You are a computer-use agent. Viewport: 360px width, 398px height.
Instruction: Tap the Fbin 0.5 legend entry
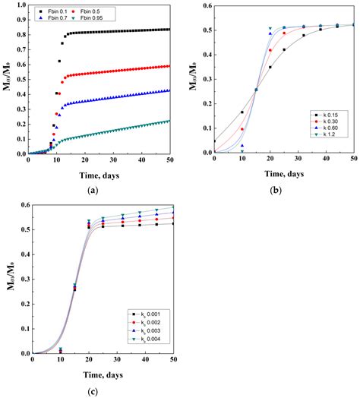click(x=86, y=13)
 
